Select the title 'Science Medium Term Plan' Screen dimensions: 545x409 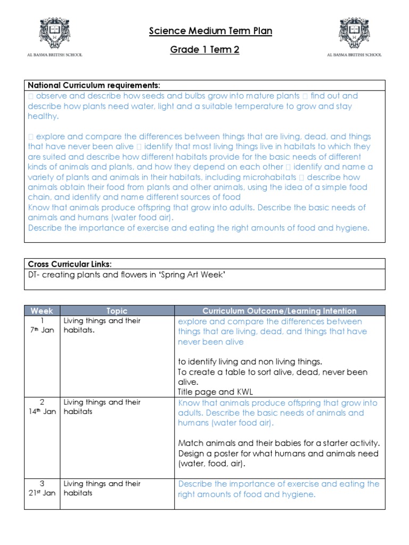pos(210,31)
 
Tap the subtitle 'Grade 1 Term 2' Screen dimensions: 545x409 pos(205,50)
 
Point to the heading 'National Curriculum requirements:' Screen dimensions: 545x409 pos(94,85)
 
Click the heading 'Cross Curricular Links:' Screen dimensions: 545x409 pos(70,265)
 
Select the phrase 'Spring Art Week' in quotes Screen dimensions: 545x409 pos(197,275)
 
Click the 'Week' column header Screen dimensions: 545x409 pos(42,311)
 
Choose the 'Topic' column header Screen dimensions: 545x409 pos(117,311)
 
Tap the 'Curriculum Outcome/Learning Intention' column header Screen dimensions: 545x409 pos(280,311)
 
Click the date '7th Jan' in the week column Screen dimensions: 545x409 pos(42,331)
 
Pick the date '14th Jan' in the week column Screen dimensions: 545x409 pos(42,412)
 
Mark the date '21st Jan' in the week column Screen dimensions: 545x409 pos(42,493)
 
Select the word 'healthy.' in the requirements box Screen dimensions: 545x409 pos(44,117)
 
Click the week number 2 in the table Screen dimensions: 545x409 pos(42,402)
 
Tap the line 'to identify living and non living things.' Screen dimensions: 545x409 pos(250,362)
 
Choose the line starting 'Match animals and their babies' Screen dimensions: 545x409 pos(279,443)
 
